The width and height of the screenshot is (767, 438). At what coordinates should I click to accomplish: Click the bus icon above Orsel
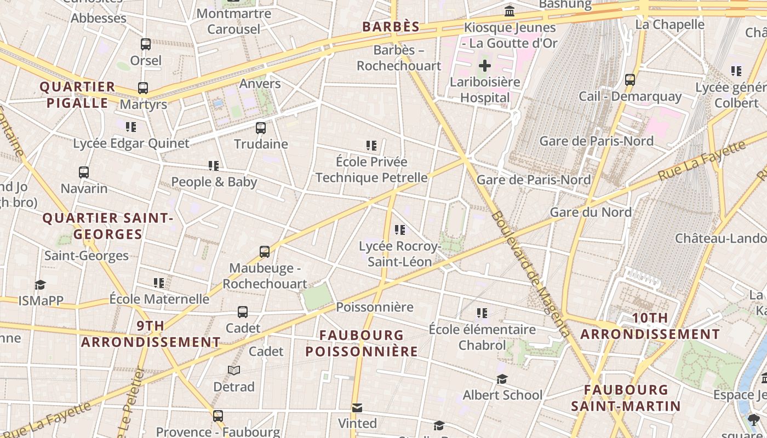[146, 44]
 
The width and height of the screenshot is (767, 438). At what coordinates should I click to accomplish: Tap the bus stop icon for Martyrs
[143, 88]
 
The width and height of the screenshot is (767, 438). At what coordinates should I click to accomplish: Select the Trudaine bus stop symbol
[261, 128]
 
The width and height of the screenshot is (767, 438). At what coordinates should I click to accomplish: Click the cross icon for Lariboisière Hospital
[484, 66]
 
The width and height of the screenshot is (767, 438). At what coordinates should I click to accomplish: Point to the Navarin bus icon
[84, 172]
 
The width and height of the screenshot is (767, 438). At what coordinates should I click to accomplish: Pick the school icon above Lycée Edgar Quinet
[130, 127]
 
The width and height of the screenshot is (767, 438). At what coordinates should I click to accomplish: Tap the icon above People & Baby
[213, 165]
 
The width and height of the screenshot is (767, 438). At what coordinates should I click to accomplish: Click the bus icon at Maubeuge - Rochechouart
[265, 252]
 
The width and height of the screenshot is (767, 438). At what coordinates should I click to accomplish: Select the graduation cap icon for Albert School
[502, 379]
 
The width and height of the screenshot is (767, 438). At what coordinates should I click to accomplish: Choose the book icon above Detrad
[234, 371]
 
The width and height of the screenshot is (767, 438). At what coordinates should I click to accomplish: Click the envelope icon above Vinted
[357, 408]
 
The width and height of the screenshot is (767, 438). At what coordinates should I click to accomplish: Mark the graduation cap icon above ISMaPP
[40, 285]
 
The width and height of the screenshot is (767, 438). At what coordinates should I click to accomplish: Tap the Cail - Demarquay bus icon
[630, 80]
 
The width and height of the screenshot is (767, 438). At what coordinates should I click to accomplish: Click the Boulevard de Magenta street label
[530, 273]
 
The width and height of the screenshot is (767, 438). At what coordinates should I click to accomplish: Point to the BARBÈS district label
[391, 27]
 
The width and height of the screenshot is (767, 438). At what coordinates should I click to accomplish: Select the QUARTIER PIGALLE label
[77, 95]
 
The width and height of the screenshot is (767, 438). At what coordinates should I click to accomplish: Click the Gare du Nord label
[591, 212]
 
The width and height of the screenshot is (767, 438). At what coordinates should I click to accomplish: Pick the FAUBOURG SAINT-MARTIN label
[626, 398]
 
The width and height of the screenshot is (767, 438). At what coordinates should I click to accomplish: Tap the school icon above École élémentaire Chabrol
[482, 313]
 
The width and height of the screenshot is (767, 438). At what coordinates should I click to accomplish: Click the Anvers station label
[260, 84]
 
